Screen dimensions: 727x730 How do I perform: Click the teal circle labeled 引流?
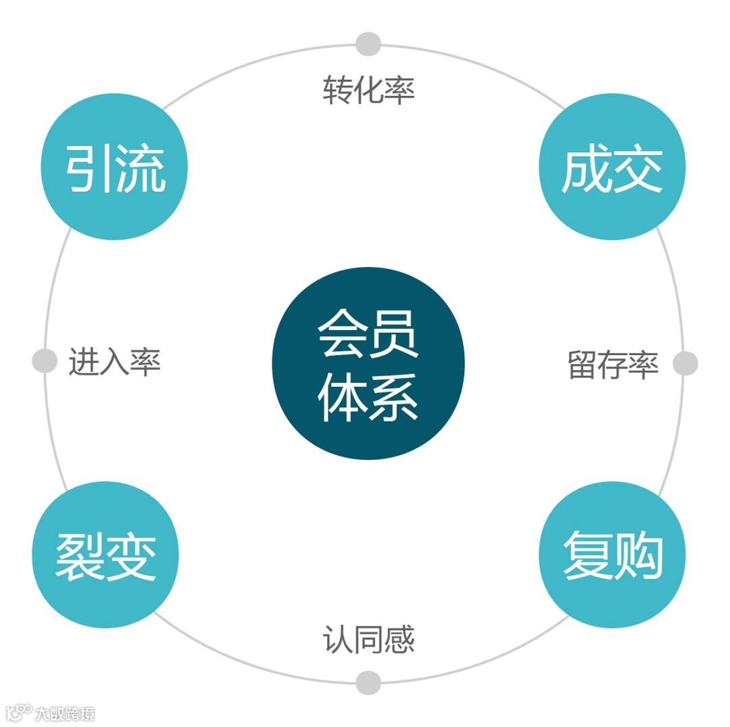tap(114, 167)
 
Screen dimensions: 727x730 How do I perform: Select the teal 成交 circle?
tap(612, 167)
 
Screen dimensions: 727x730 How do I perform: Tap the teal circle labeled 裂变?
tap(105, 555)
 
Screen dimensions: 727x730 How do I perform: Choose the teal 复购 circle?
tap(612, 555)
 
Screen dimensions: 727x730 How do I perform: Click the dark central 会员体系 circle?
tap(368, 364)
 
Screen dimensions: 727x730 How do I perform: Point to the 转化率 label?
tap(368, 90)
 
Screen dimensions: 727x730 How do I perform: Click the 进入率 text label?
tap(114, 362)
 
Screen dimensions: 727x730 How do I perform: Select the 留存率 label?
tap(612, 365)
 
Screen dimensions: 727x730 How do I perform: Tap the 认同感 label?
tap(368, 639)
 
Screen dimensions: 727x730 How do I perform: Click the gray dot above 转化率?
tap(368, 44)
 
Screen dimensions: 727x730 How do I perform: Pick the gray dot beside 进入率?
tap(45, 360)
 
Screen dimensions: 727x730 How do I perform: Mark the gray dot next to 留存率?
tap(685, 364)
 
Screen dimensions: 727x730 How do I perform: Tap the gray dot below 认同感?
tap(368, 682)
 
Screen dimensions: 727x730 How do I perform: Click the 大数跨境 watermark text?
tap(65, 713)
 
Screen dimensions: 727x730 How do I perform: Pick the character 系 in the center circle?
tap(393, 398)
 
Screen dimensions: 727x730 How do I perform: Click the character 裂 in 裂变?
tap(80, 556)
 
